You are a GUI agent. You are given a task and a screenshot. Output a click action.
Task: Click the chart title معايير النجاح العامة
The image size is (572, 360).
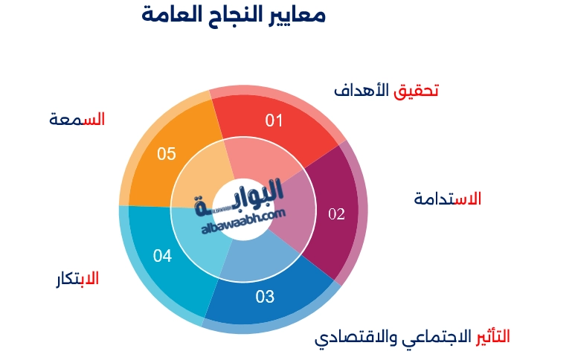click(x=234, y=16)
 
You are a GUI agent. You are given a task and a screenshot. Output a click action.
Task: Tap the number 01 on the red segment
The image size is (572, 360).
click(x=275, y=120)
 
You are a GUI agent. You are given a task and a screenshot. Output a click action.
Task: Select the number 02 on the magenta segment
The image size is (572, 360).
click(x=337, y=214)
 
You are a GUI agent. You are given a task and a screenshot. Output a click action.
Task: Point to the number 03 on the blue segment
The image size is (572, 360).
click(x=265, y=298)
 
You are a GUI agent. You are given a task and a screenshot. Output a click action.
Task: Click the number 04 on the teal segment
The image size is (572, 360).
click(x=163, y=257)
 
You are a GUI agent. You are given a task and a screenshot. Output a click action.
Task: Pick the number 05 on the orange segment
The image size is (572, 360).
click(x=167, y=154)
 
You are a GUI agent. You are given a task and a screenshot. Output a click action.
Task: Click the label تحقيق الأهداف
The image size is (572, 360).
click(x=385, y=91)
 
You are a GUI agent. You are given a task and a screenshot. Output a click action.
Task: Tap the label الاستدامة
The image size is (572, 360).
click(x=447, y=199)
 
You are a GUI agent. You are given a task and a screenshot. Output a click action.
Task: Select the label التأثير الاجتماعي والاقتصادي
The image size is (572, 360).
click(x=412, y=337)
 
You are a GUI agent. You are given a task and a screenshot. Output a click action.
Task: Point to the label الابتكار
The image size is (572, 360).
click(x=77, y=280)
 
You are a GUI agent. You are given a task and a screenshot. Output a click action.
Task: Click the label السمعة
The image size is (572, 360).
click(x=77, y=119)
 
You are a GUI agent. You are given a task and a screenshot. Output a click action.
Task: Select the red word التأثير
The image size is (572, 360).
click(x=492, y=335)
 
